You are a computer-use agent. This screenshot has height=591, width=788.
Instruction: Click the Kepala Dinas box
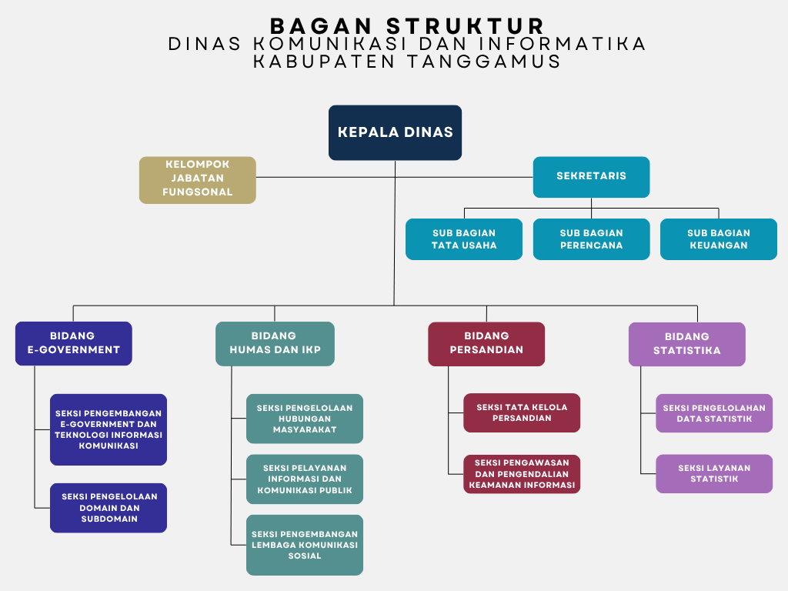[395, 132]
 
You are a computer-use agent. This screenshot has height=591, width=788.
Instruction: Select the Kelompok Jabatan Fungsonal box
[198, 180]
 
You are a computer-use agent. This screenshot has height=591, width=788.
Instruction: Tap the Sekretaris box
[591, 177]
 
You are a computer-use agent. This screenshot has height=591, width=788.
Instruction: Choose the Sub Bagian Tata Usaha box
[464, 239]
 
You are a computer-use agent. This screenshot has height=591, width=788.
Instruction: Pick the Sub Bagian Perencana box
[591, 239]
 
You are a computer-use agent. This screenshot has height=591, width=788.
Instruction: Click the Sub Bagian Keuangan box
[719, 239]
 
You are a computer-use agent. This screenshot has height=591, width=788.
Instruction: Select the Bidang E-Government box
[74, 343]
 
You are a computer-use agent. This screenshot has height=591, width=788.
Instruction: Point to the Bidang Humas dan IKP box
[275, 344]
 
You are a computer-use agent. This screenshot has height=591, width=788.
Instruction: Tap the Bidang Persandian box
[486, 344]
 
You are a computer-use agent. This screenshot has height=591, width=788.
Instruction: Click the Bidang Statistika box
[687, 344]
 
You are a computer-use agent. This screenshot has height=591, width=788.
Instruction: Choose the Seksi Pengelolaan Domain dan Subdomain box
[109, 508]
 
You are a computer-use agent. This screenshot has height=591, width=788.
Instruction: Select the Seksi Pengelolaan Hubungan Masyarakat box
[305, 419]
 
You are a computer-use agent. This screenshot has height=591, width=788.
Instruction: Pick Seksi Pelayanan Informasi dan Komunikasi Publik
[305, 479]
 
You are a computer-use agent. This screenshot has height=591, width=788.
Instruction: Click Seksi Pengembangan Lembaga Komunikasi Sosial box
[305, 545]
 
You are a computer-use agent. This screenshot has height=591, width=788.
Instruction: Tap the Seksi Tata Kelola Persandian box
[522, 412]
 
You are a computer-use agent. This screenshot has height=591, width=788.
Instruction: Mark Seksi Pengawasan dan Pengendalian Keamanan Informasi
[522, 474]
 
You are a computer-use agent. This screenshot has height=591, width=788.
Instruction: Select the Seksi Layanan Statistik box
[714, 473]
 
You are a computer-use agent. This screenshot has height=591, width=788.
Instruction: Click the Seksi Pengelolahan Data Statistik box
[714, 413]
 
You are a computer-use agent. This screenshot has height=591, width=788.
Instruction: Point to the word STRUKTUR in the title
[466, 26]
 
